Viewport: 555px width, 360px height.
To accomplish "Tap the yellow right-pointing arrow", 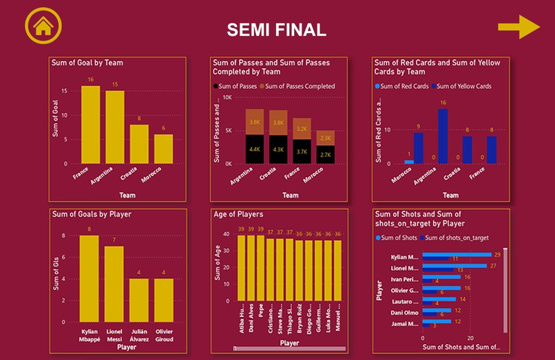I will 519,27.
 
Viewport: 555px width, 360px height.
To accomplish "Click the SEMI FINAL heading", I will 277,30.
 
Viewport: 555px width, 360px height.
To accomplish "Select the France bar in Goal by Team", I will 90,124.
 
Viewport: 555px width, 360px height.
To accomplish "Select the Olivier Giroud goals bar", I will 164,299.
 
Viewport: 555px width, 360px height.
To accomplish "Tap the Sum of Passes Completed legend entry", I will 300,86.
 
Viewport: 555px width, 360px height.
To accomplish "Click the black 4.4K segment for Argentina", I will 255,149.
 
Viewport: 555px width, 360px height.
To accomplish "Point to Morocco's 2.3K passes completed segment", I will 326,138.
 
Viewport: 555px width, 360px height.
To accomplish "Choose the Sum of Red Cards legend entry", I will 404,86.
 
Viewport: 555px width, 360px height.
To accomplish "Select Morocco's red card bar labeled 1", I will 409,162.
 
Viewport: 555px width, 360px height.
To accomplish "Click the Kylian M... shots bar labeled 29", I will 457,255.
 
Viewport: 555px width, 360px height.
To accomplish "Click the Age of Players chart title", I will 238,214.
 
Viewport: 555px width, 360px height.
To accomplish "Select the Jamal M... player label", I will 404,324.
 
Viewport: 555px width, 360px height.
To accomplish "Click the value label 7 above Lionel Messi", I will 114,240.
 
